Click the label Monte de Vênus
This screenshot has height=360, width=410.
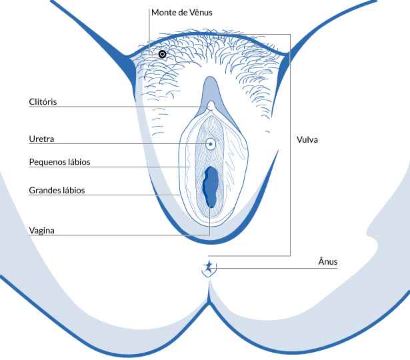click(182, 13)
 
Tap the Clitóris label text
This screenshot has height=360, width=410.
click(43, 102)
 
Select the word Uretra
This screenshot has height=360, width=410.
click(41, 139)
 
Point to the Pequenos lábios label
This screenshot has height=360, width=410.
click(59, 162)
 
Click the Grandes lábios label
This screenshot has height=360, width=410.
click(57, 190)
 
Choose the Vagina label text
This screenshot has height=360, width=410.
click(42, 231)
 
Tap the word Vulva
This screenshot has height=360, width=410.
click(307, 139)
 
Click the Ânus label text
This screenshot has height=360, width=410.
click(328, 261)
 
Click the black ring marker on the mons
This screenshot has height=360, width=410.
click(163, 54)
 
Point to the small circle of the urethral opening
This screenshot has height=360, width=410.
click(211, 144)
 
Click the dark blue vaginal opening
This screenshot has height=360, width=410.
click(211, 187)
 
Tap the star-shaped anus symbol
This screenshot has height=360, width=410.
click(209, 268)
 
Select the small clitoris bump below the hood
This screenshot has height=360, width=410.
click(211, 105)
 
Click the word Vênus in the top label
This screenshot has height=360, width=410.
click(201, 13)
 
